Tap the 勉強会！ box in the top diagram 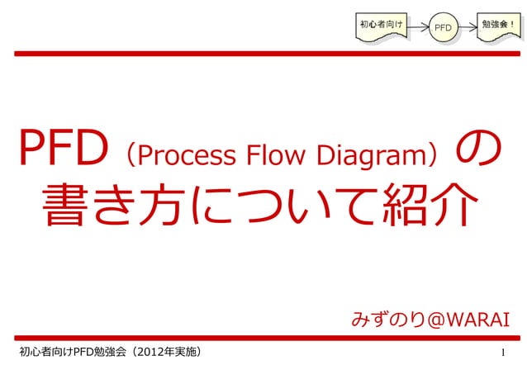click(500, 26)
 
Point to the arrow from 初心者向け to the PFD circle click(417, 27)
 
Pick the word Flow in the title click(282, 153)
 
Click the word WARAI click(477, 320)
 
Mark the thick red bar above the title click(263, 54)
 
